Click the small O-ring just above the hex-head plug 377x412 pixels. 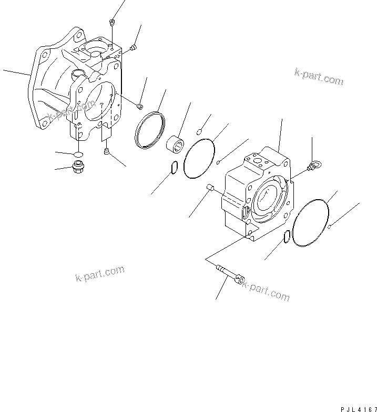click(77, 154)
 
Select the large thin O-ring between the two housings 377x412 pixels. click(199, 157)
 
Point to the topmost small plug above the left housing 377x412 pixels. click(112, 22)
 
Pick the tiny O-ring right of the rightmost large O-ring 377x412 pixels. click(329, 228)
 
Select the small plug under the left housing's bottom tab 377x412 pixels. click(107, 152)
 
